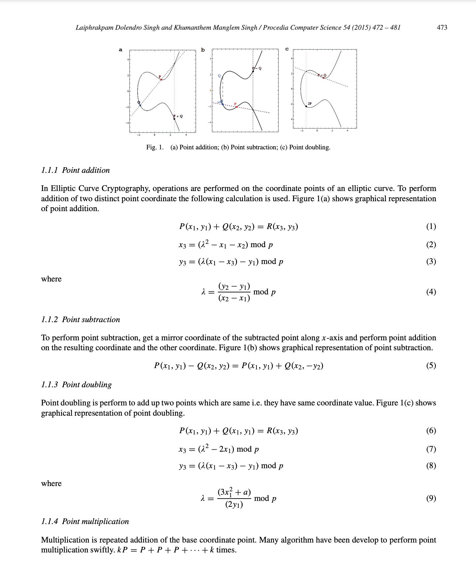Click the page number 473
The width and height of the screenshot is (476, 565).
pyautogui.click(x=442, y=28)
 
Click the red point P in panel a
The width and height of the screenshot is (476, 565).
pyautogui.click(x=161, y=79)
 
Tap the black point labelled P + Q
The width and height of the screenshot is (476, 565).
pyautogui.click(x=174, y=118)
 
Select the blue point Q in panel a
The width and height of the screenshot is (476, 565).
pyautogui.click(x=140, y=105)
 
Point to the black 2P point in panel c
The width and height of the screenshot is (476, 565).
pyautogui.click(x=306, y=106)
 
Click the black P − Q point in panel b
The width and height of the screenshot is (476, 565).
pyautogui.click(x=253, y=71)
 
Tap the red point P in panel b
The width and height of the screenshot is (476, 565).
pyautogui.click(x=236, y=107)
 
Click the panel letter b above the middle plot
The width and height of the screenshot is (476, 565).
pyautogui.click(x=203, y=50)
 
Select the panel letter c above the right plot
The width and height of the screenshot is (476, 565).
pyautogui.click(x=287, y=49)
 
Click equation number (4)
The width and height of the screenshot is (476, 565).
pyautogui.click(x=431, y=292)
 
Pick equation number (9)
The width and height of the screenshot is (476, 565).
pyautogui.click(x=431, y=498)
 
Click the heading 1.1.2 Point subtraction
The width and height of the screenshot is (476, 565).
pyautogui.click(x=80, y=320)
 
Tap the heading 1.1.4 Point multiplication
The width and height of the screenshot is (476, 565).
pyautogui.click(x=85, y=521)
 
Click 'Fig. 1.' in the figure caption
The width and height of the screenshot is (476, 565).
pyautogui.click(x=155, y=147)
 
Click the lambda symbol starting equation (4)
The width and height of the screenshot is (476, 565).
pyautogui.click(x=203, y=292)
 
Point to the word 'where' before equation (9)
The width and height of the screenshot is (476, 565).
pyautogui.click(x=51, y=483)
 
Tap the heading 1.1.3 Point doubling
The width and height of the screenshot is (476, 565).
pyautogui.click(x=76, y=385)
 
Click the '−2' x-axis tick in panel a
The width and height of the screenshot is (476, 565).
pyautogui.click(x=139, y=135)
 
